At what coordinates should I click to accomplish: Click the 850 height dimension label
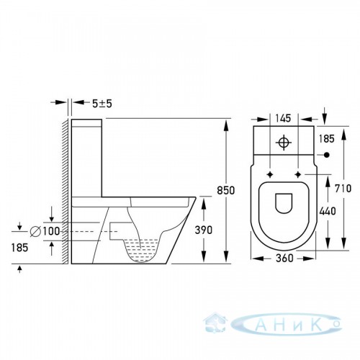point(225,190)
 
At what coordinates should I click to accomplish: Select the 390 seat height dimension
point(204,230)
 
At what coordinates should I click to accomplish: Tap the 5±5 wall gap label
point(102,104)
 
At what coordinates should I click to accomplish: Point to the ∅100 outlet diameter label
point(45,231)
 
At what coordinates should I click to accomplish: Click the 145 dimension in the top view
point(283,118)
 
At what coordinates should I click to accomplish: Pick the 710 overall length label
point(343,189)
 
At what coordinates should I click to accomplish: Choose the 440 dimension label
point(328,211)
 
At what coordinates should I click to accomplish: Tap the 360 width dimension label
point(284,258)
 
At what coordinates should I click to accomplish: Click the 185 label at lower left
point(19,248)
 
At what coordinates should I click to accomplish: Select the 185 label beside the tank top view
point(326,139)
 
